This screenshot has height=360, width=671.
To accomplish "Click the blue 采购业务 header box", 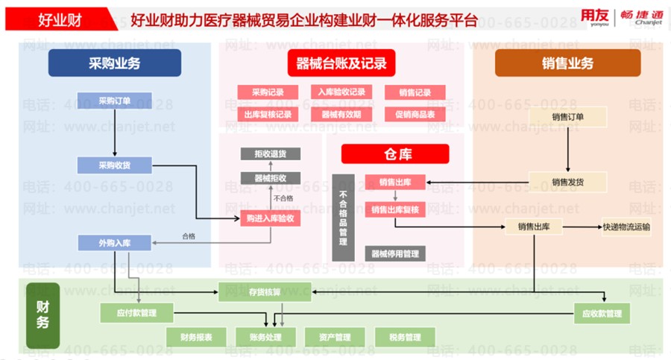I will [114, 63].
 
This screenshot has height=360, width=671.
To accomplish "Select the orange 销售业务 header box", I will [567, 63].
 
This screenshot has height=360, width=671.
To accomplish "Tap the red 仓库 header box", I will [395, 154].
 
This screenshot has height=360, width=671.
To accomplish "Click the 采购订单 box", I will [114, 100].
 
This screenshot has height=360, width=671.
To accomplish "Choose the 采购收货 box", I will [114, 165].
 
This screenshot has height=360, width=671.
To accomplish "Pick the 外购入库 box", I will [114, 242].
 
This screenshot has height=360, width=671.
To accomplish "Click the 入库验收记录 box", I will [341, 92].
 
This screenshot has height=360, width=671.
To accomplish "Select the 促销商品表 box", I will [415, 114].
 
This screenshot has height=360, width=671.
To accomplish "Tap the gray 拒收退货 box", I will [270, 154].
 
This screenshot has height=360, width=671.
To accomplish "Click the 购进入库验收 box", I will [270, 218].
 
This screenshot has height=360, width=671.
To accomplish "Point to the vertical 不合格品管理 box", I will [343, 217].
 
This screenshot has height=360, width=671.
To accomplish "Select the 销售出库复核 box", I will [394, 210].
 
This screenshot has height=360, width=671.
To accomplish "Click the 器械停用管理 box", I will [394, 253].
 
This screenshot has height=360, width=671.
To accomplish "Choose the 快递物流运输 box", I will [626, 227].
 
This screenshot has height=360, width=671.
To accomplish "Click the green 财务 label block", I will [42, 315].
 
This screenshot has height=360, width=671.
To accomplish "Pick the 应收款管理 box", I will [602, 314].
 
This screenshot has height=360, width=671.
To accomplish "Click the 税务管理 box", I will [405, 338].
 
